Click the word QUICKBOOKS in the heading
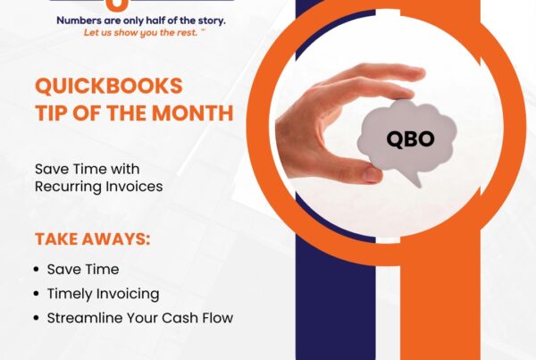tap(107, 87)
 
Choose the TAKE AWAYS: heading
tap(92, 239)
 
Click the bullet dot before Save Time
tap(36, 269)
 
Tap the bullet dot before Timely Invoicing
tap(36, 293)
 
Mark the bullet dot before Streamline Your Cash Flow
tap(36, 318)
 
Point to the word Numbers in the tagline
tap(81, 19)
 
